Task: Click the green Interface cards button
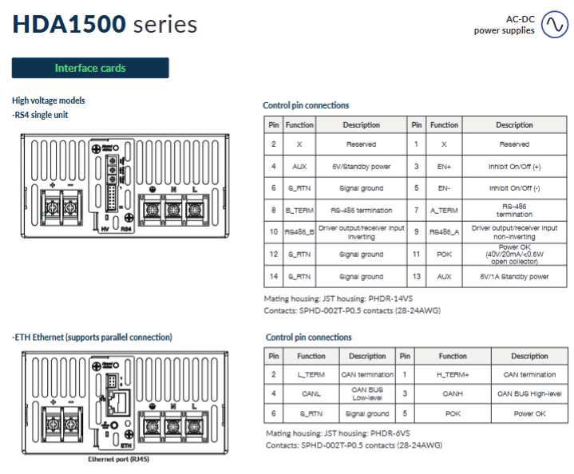(x=90, y=68)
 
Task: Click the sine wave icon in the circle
(x=553, y=26)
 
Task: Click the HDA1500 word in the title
(x=69, y=25)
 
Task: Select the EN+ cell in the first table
(x=444, y=166)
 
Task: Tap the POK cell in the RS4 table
(x=444, y=255)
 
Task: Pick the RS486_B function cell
(x=299, y=232)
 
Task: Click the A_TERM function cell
(x=444, y=210)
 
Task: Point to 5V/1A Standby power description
(x=514, y=277)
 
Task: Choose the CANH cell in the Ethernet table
(x=453, y=393)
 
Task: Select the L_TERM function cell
(x=311, y=374)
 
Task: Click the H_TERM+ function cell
(x=453, y=374)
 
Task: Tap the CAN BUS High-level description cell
(x=529, y=393)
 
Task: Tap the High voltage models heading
(x=49, y=101)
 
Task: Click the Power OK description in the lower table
(x=529, y=413)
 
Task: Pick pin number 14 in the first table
(x=273, y=277)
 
